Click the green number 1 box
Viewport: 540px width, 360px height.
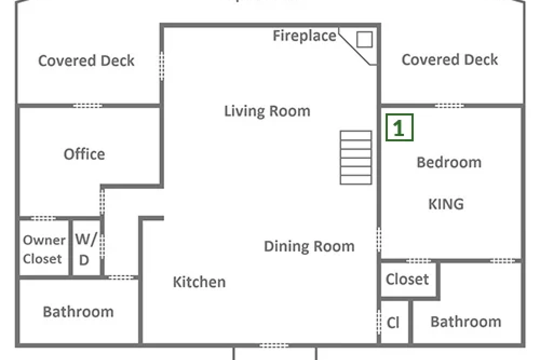pos(400,127)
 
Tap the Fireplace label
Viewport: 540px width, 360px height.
pos(305,36)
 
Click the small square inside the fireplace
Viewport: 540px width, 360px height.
pos(364,39)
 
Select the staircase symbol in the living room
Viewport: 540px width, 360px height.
pos(356,158)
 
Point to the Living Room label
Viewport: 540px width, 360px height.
pos(267,111)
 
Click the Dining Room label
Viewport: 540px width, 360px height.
pos(309,247)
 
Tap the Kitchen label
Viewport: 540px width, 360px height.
pos(199,282)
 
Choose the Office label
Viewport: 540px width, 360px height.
pos(84,154)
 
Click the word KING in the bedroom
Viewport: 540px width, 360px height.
pos(446,204)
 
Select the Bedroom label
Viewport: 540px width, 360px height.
pos(449,162)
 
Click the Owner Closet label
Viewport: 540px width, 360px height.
pos(44,249)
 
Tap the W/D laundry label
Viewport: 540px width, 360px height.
pos(86,249)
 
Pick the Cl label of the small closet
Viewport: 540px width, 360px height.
pos(393,322)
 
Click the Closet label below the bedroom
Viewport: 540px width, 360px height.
pos(407,279)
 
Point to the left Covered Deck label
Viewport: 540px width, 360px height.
pos(86,60)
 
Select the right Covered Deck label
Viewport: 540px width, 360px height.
pos(450,59)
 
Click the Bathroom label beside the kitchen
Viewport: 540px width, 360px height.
pos(78,312)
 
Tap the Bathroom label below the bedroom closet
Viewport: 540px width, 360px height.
pos(466,322)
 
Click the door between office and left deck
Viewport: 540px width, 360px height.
pos(88,105)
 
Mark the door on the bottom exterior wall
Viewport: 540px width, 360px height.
pos(274,345)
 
